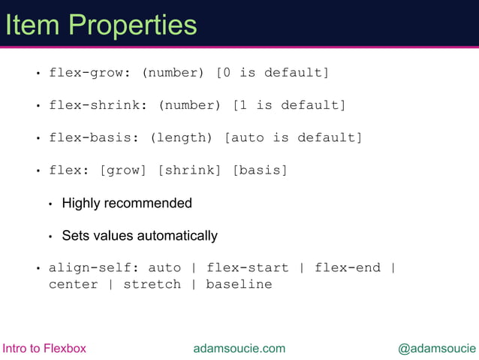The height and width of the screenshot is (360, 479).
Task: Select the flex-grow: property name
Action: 90,73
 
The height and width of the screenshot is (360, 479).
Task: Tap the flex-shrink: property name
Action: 98,105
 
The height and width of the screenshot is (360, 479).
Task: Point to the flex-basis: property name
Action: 95,138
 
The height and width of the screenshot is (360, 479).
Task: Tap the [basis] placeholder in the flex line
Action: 261,170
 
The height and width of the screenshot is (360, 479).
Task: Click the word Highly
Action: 81,203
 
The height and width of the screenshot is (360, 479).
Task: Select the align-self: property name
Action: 95,268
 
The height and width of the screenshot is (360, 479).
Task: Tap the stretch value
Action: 152,284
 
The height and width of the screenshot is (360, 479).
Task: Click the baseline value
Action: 239,284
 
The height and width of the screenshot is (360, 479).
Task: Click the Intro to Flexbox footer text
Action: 45,348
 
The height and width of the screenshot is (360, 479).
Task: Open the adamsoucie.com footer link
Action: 239,348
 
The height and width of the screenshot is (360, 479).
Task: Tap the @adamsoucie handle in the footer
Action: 436,348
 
